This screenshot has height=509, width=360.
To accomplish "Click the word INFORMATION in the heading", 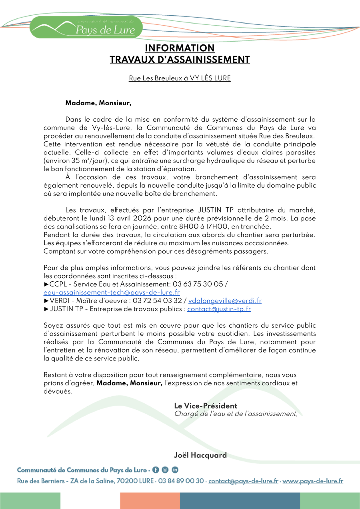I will [x=180, y=48].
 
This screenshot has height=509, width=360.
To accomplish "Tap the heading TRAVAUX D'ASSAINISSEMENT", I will [x=180, y=60].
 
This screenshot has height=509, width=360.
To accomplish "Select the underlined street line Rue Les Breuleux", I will [x=180, y=78].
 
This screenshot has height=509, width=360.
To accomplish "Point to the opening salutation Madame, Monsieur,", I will [x=98, y=103].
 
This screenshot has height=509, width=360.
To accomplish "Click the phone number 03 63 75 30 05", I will [x=198, y=284].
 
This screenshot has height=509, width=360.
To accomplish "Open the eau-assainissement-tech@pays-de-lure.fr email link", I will [x=112, y=293].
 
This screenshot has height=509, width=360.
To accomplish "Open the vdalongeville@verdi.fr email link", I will [x=225, y=301].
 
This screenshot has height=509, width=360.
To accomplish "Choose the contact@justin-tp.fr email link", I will [x=219, y=309].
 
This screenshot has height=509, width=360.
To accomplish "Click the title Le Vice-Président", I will [x=205, y=406].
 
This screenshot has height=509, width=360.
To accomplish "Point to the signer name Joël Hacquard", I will [x=200, y=455].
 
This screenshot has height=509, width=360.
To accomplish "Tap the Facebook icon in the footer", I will [x=156, y=470].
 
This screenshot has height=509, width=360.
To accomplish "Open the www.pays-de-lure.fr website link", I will [x=313, y=481].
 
